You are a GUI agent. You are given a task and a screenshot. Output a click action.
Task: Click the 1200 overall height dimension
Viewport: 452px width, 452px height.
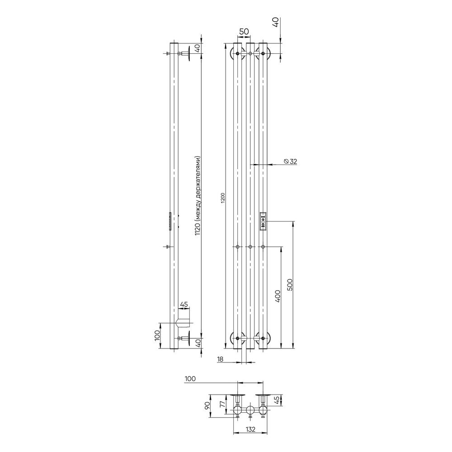[222, 198]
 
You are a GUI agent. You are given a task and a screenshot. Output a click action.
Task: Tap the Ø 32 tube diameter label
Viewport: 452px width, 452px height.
[290, 161]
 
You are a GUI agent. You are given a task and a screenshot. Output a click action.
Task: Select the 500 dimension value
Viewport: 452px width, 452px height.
[290, 284]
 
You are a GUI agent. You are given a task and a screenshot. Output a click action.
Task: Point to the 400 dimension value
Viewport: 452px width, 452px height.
[278, 296]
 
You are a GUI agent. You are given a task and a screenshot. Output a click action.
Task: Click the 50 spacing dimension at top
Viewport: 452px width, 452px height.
[244, 32]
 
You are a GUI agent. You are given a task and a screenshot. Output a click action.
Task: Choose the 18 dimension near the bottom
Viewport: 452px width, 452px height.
[220, 359]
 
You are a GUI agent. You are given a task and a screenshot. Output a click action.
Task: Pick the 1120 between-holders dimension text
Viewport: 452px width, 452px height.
[198, 196]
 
